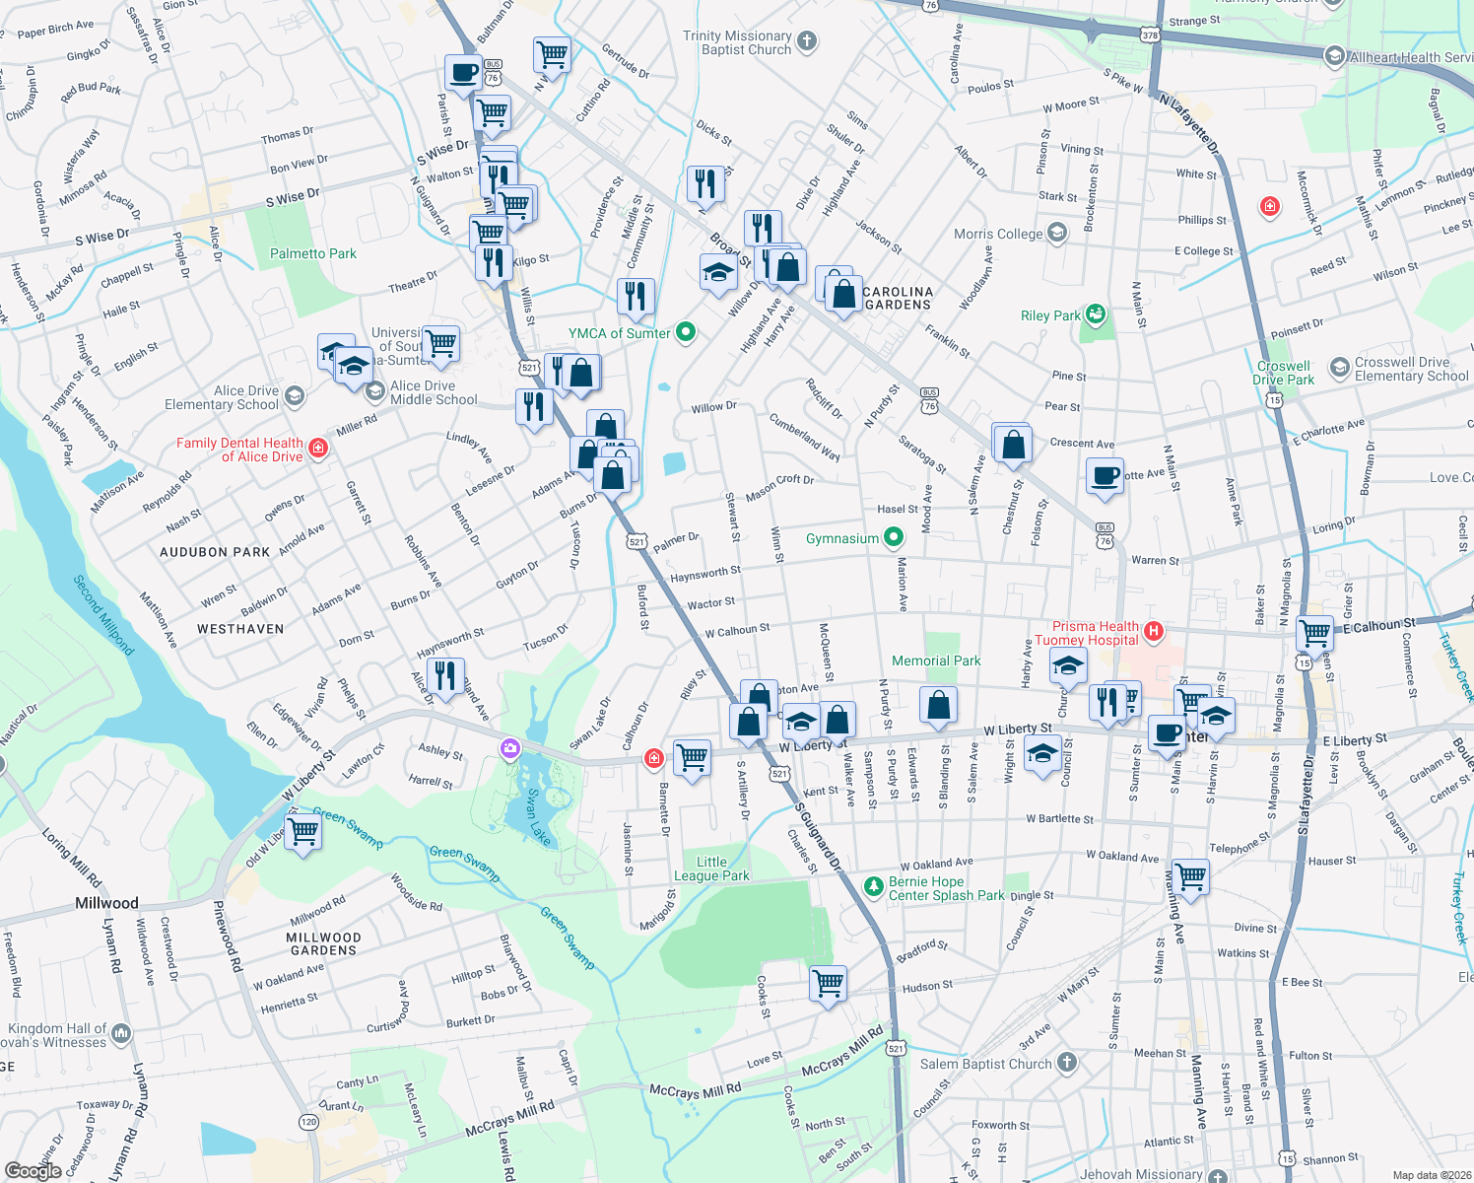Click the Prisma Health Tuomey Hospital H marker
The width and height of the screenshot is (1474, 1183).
pyautogui.click(x=1154, y=630)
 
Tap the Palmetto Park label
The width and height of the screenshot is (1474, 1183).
pyautogui.click(x=313, y=253)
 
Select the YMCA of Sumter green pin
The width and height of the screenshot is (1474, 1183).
pyautogui.click(x=687, y=332)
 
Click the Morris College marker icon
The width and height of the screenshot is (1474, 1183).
pyautogui.click(x=1057, y=233)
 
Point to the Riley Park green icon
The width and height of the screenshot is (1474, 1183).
pyautogui.click(x=1096, y=315)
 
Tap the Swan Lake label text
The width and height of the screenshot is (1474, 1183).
pyautogui.click(x=539, y=817)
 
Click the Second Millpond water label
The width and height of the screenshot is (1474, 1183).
pyautogui.click(x=104, y=615)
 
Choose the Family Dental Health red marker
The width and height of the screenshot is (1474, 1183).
pyautogui.click(x=317, y=450)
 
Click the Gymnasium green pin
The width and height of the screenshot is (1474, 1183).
pyautogui.click(x=894, y=537)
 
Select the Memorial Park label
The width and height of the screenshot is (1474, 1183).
pyautogui.click(x=936, y=661)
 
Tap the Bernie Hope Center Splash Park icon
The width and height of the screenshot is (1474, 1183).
pyautogui.click(x=873, y=886)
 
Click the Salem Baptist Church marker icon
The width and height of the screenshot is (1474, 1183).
pyautogui.click(x=1067, y=1062)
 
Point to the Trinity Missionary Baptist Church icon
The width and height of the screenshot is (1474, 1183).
pyautogui.click(x=807, y=41)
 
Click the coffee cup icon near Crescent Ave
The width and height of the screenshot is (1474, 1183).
pyautogui.click(x=1105, y=476)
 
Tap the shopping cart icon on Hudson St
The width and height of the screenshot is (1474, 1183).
pyautogui.click(x=828, y=983)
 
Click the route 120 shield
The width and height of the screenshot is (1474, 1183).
pyautogui.click(x=308, y=1122)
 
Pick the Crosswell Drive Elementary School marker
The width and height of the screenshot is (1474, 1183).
pyautogui.click(x=1339, y=368)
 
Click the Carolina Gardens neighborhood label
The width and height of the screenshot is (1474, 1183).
pyautogui.click(x=898, y=298)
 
